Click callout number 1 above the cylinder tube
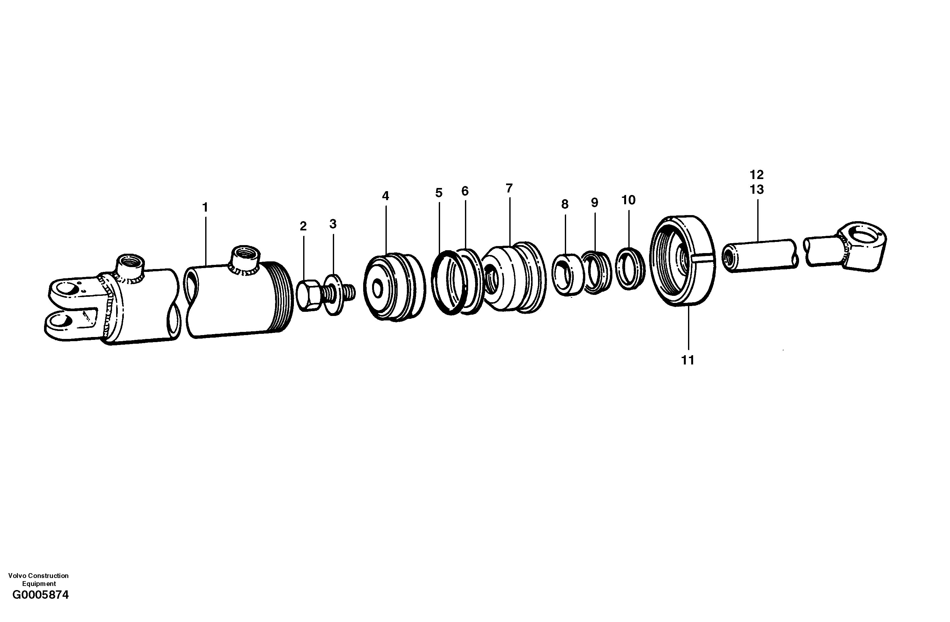(x=205, y=208)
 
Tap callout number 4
(x=385, y=196)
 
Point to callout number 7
(x=509, y=188)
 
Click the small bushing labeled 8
(x=567, y=275)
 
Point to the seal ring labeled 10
(x=630, y=268)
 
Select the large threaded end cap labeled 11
(x=683, y=261)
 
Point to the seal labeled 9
(x=596, y=272)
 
